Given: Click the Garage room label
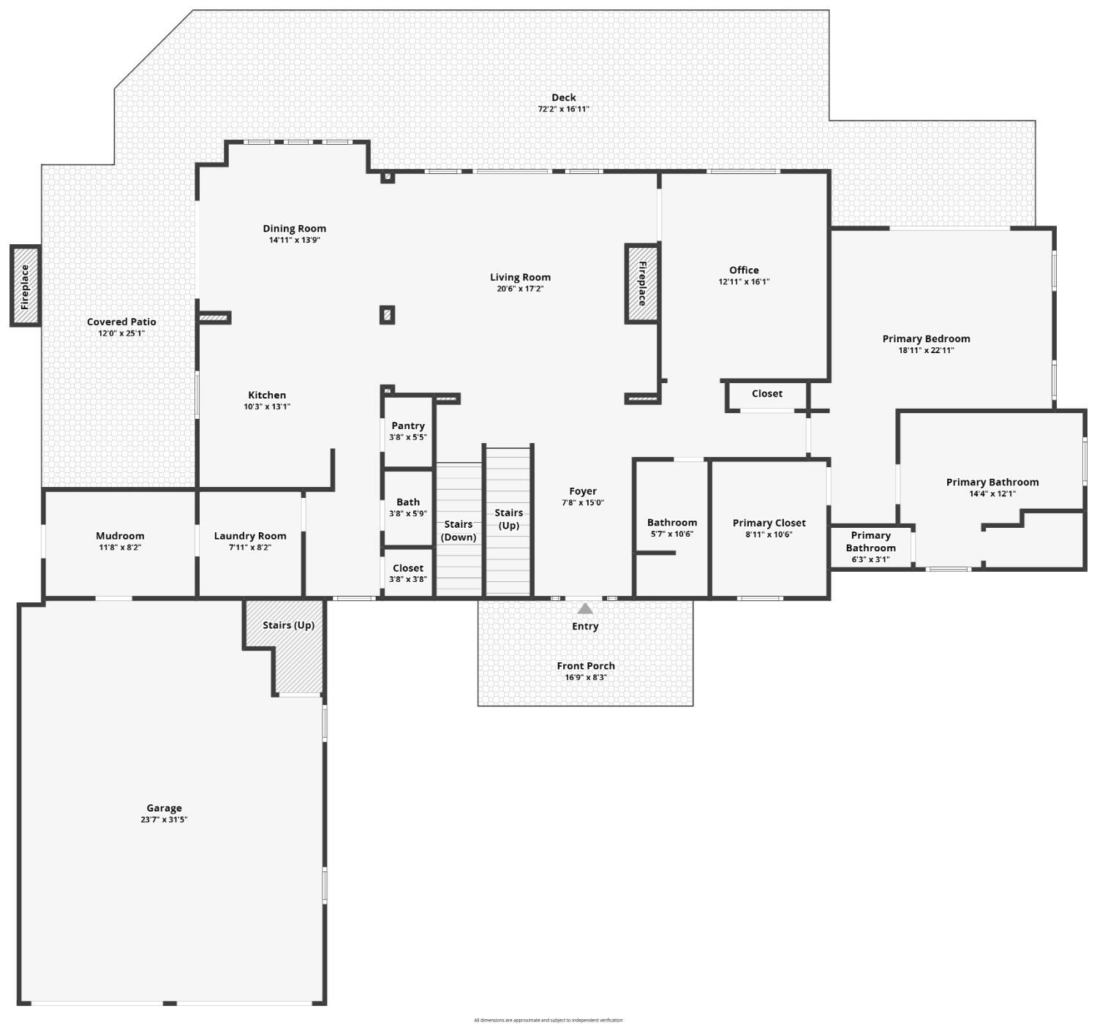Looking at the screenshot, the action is [164, 808].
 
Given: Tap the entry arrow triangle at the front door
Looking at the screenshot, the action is [585, 608].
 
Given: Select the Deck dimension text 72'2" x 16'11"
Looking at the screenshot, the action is [563, 110].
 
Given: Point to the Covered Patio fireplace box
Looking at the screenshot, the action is [26, 286].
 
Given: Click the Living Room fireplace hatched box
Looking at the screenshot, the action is [642, 284].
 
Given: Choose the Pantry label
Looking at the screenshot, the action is [408, 425].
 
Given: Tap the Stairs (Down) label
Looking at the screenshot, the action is [459, 531].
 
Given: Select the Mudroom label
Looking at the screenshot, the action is [120, 536].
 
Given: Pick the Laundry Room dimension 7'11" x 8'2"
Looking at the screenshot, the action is [250, 548].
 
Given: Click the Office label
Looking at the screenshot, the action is [744, 270].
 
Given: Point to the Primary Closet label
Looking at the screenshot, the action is [769, 523].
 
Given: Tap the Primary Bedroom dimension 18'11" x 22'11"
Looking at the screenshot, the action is [927, 350].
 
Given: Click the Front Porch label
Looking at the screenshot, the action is [586, 666].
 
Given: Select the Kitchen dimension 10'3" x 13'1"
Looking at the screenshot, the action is [267, 406].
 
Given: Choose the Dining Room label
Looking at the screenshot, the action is [295, 229].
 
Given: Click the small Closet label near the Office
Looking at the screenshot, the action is [767, 394].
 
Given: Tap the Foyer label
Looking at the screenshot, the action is [583, 491].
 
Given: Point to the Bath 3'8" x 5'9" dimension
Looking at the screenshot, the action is [408, 514].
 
